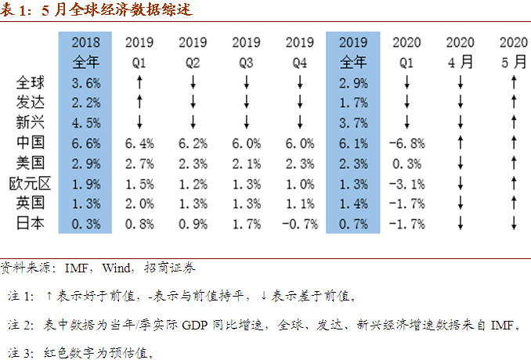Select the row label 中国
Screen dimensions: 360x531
(x=31, y=142)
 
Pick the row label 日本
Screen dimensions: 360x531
(x=31, y=224)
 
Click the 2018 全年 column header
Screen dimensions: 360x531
(x=85, y=51)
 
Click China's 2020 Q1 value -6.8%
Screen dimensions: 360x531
(x=406, y=142)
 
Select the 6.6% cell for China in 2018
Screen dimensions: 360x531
(x=85, y=142)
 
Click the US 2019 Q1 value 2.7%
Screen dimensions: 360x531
(x=139, y=163)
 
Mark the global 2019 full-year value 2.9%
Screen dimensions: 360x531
(x=353, y=81)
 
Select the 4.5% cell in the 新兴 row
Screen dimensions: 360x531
(x=85, y=122)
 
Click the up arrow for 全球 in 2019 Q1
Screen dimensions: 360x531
(x=139, y=81)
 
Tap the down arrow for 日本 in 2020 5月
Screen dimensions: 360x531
(x=513, y=224)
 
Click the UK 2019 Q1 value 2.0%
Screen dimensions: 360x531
(x=139, y=203)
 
